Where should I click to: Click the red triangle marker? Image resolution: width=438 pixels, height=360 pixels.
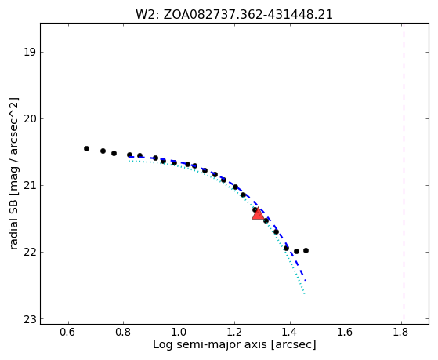coord(258,214)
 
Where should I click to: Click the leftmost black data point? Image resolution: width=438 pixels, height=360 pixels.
coord(87,148)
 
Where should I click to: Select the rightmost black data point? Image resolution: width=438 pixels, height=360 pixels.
coord(306,251)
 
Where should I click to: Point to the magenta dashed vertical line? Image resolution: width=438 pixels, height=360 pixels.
coord(404,171)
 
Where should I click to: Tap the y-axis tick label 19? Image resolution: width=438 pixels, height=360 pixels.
coord(30,52)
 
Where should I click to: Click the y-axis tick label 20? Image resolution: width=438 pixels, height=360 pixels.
coord(30,119)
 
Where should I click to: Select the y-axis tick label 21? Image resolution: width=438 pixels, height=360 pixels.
coord(30,185)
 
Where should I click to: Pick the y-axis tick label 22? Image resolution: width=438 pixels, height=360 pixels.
coord(30,252)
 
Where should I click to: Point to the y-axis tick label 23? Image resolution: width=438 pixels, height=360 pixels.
coord(30,319)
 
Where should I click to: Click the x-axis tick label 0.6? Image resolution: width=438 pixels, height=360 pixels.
coord(68,333)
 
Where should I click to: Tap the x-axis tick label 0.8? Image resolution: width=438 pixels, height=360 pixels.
coord(124,333)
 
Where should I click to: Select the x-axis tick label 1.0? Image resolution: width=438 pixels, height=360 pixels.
coord(179,333)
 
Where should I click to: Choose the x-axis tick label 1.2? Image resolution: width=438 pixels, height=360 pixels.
coord(234,333)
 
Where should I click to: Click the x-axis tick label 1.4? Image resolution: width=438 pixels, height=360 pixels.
coord(290,333)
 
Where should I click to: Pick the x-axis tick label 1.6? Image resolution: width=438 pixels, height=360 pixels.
coord(346,333)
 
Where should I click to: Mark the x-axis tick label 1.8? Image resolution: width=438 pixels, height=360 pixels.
coord(401,333)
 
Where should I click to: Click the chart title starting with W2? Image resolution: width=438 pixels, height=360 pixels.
coord(234,15)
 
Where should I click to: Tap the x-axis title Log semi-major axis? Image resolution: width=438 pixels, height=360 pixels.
coord(234,344)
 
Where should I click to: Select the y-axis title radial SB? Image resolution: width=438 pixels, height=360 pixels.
coord(13,173)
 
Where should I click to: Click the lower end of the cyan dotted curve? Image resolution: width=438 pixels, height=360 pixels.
coord(305,293)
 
